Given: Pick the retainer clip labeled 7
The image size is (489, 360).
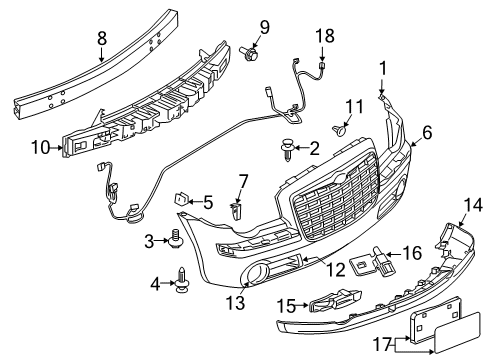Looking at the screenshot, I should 236,210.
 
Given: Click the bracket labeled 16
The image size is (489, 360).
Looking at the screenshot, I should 367,257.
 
